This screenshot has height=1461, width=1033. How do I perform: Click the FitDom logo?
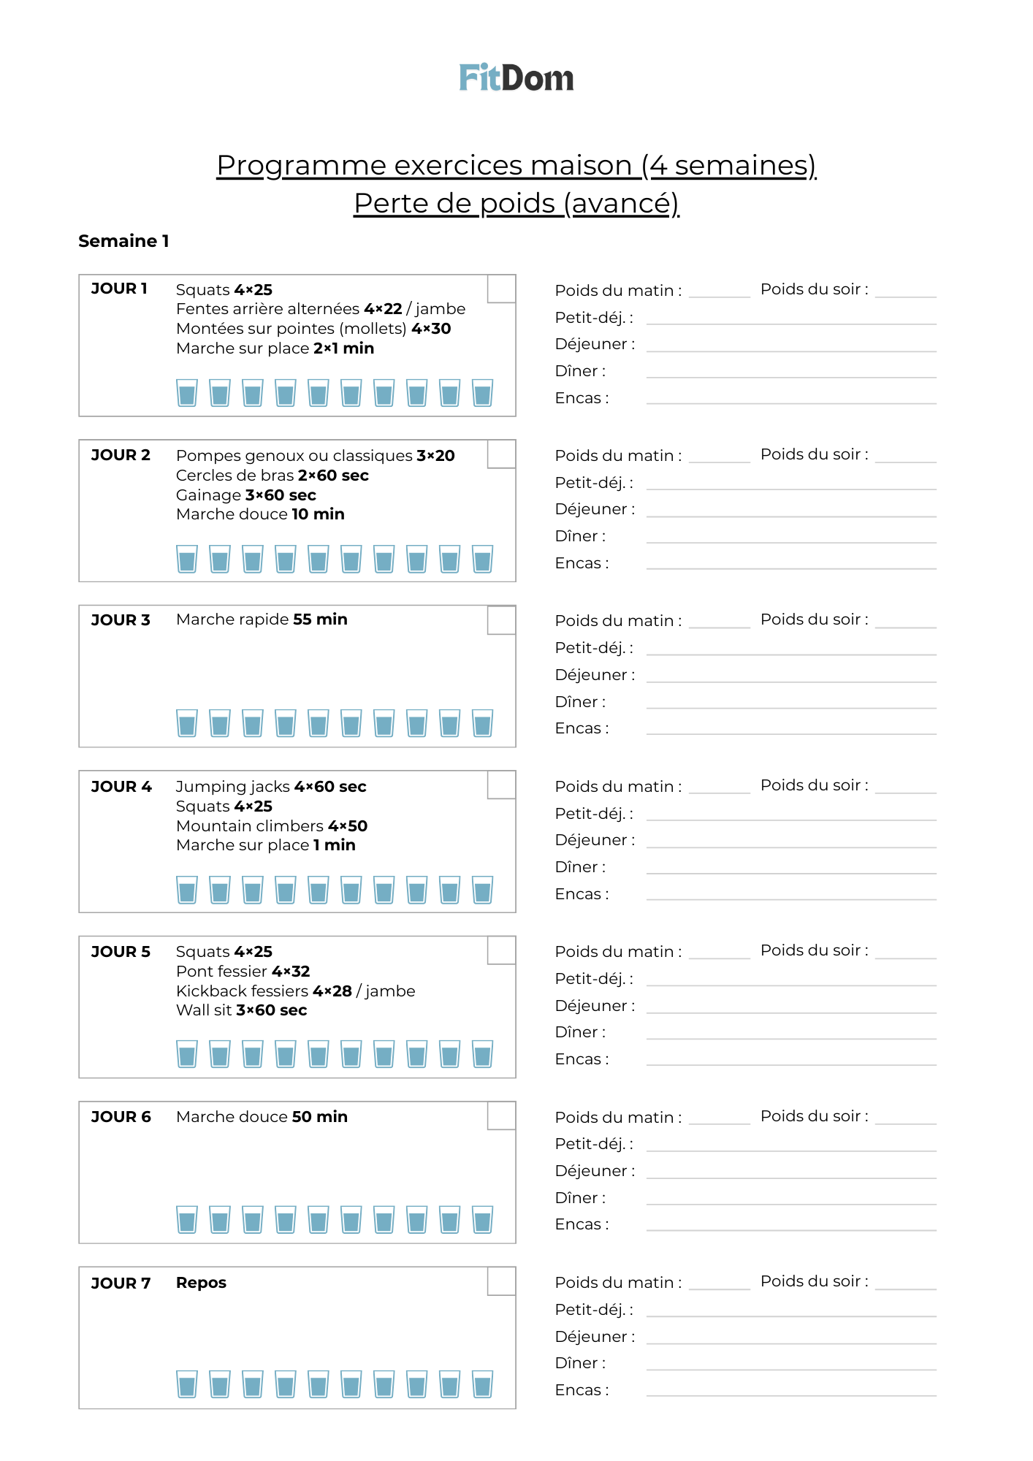click(x=516, y=77)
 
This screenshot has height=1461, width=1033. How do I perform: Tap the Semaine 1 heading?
click(x=123, y=241)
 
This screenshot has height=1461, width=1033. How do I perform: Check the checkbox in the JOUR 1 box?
click(x=501, y=289)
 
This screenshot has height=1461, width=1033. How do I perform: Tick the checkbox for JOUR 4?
click(x=501, y=785)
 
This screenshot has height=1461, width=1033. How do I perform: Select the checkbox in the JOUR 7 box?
click(x=501, y=1281)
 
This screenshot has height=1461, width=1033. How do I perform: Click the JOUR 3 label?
click(x=121, y=620)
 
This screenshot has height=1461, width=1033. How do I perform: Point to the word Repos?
click(x=201, y=1283)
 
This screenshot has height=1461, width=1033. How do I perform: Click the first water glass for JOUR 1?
click(x=187, y=393)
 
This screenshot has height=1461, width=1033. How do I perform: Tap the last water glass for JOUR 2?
click(x=482, y=559)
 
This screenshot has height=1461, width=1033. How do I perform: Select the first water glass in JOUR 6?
click(x=187, y=1220)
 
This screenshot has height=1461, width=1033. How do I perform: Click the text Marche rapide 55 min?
click(x=262, y=619)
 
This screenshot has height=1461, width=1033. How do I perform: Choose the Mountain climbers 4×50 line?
click(x=272, y=825)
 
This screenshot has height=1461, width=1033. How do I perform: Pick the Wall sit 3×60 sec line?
click(x=241, y=1010)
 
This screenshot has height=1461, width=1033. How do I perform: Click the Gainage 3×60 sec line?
click(x=245, y=495)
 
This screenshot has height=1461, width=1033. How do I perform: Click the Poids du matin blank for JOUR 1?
click(x=719, y=292)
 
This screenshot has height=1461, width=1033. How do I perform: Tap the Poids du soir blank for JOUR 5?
click(x=905, y=953)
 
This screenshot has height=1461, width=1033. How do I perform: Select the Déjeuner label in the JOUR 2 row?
click(x=595, y=509)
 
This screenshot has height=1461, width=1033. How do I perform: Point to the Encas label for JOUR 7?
click(x=582, y=1390)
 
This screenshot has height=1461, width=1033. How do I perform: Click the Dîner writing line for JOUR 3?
click(x=790, y=704)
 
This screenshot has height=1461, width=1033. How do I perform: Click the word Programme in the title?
click(x=301, y=165)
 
